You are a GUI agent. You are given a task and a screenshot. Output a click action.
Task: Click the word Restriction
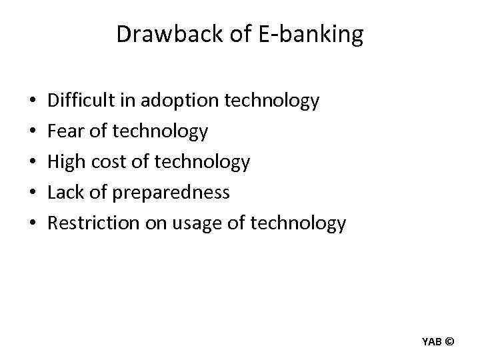93,223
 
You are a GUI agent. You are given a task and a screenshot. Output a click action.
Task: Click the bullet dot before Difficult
33,102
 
